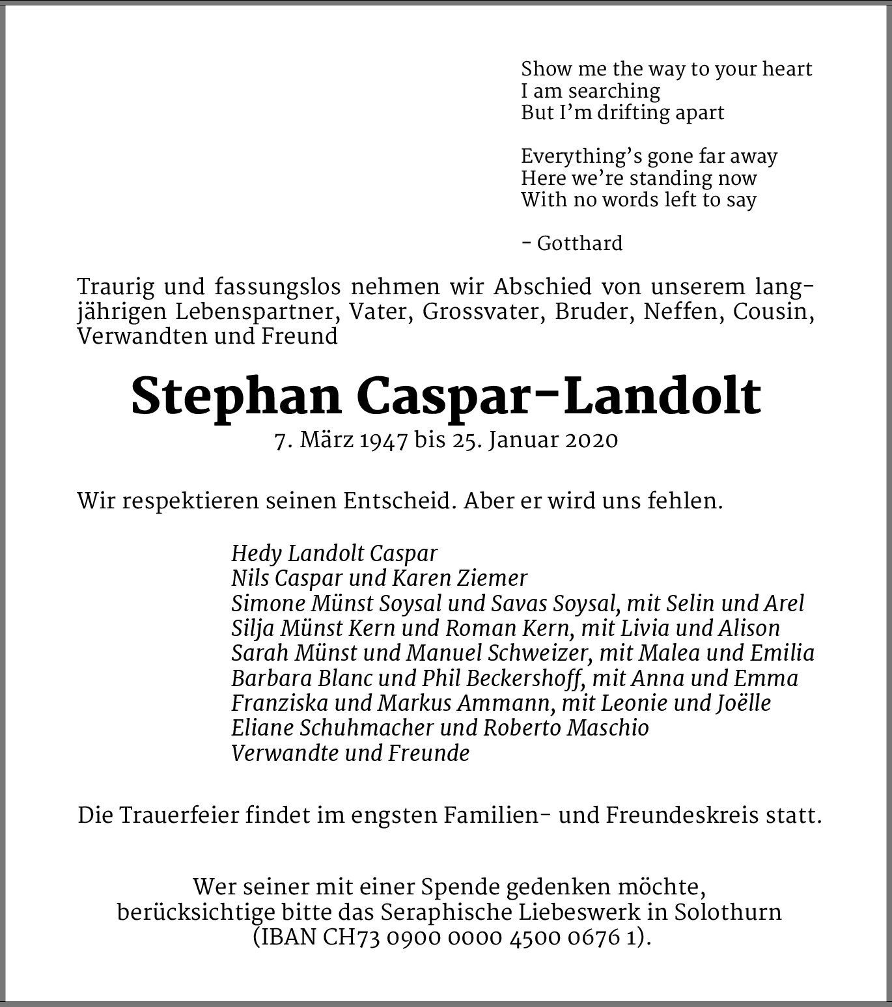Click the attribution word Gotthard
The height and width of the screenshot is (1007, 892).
click(x=579, y=243)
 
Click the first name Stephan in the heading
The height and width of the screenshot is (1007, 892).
click(x=236, y=396)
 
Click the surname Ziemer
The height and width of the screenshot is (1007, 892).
click(x=495, y=578)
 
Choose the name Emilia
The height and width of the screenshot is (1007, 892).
click(x=782, y=653)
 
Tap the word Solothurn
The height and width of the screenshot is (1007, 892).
click(x=727, y=912)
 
